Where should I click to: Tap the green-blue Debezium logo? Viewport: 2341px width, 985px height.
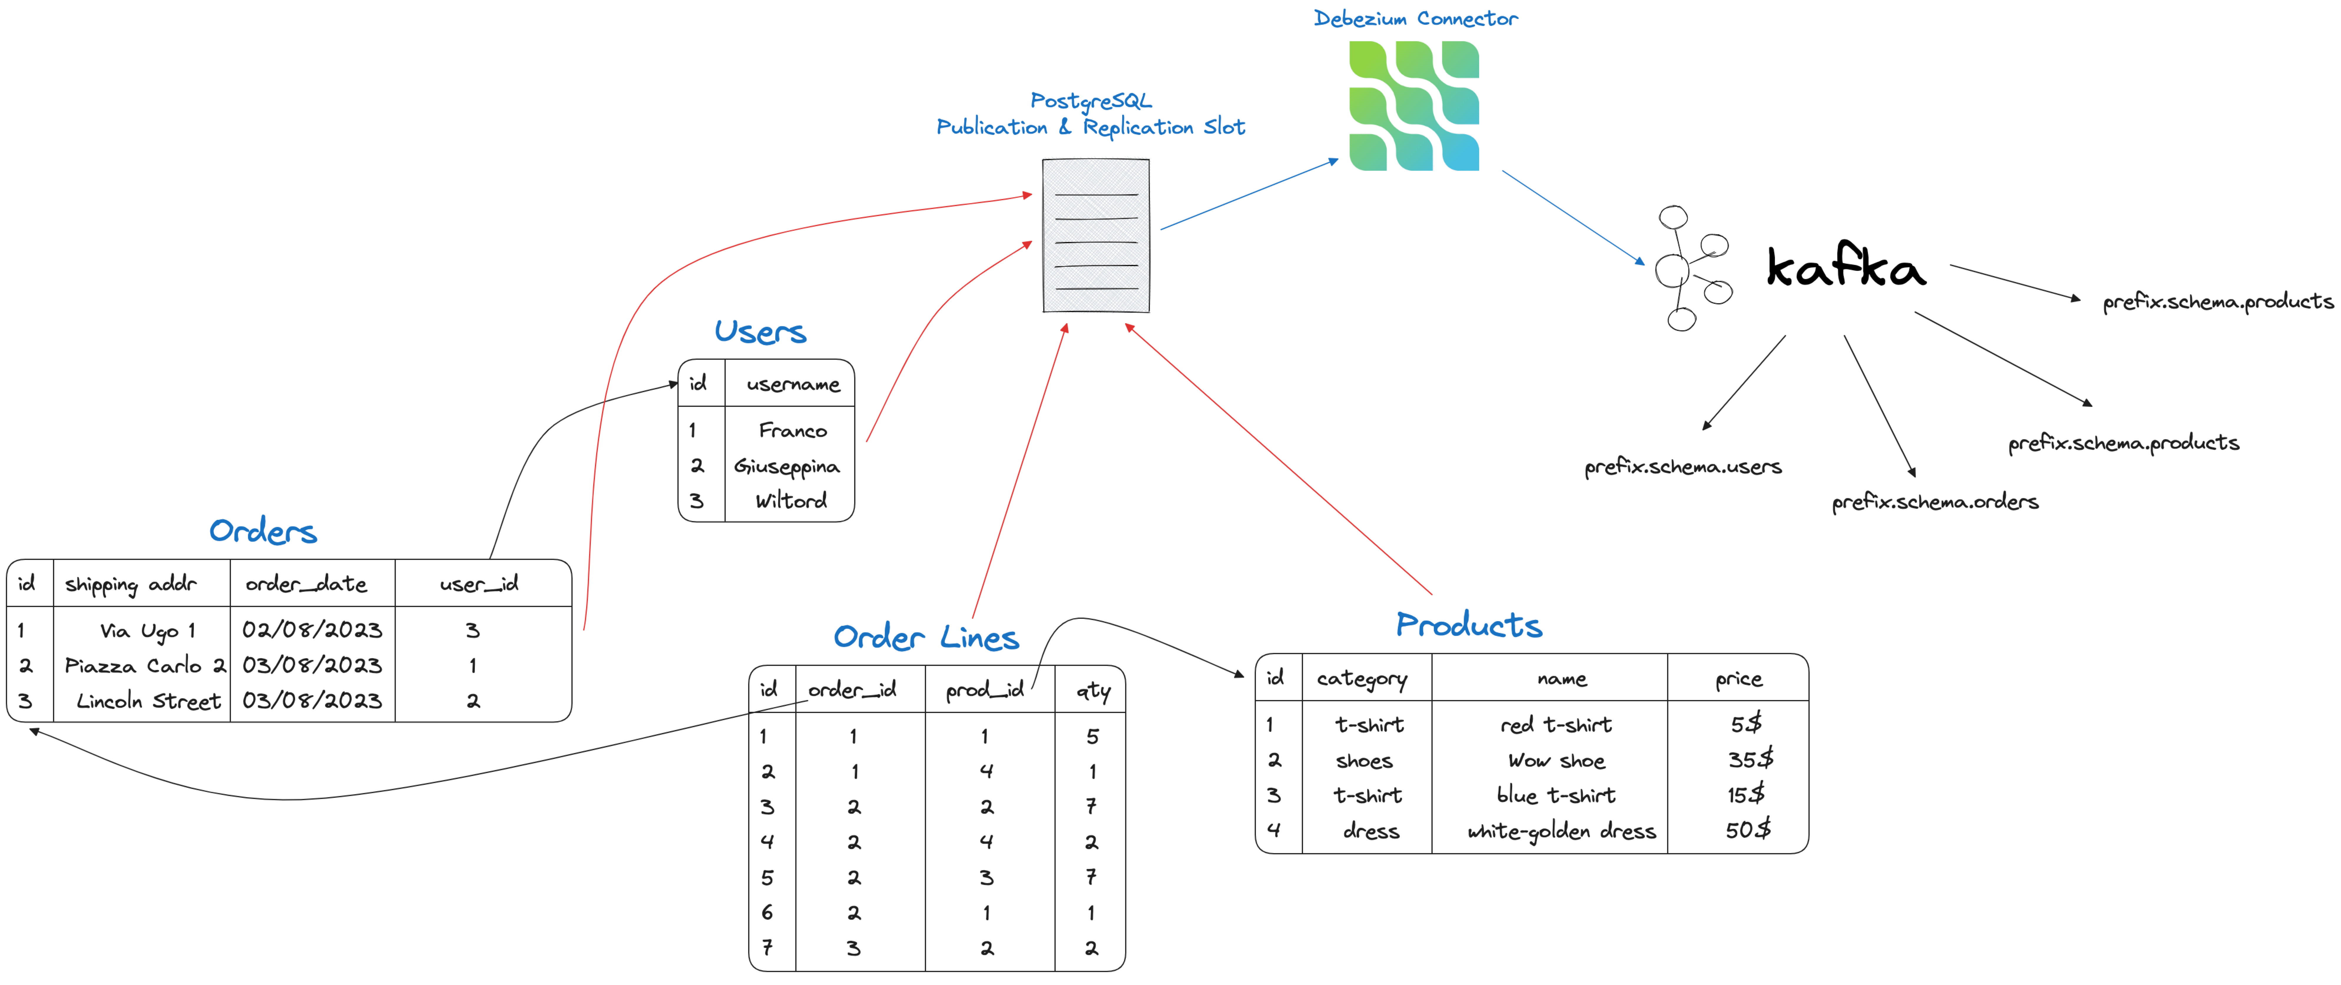[1414, 105]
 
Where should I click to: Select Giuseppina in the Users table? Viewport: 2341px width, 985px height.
[787, 466]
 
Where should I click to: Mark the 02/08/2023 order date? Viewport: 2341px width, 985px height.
[312, 630]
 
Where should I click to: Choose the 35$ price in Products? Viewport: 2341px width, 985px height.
[1749, 760]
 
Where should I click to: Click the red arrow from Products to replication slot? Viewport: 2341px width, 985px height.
[1277, 459]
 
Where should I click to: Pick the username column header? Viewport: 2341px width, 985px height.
[792, 384]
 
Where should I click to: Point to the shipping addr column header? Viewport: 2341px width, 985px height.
[131, 584]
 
